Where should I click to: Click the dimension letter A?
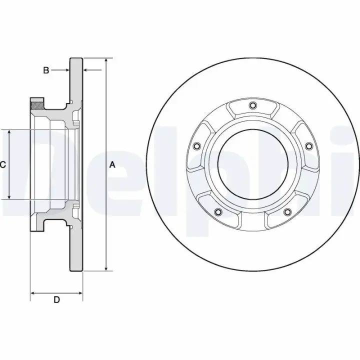(112, 165)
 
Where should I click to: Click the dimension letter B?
(46, 70)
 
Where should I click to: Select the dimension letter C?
(2, 165)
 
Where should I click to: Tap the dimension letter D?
(56, 299)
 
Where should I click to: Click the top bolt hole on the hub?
(252, 105)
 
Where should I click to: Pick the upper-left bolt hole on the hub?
(197, 146)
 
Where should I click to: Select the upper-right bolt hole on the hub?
(309, 146)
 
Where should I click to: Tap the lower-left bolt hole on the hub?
(218, 211)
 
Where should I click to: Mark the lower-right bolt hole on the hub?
(287, 211)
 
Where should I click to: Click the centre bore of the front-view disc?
(253, 165)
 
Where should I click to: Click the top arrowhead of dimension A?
(106, 60)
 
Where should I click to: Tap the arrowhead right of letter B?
(67, 70)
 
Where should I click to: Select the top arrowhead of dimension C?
(9, 132)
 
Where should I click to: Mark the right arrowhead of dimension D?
(80, 293)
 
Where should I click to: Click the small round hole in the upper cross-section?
(72, 101)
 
